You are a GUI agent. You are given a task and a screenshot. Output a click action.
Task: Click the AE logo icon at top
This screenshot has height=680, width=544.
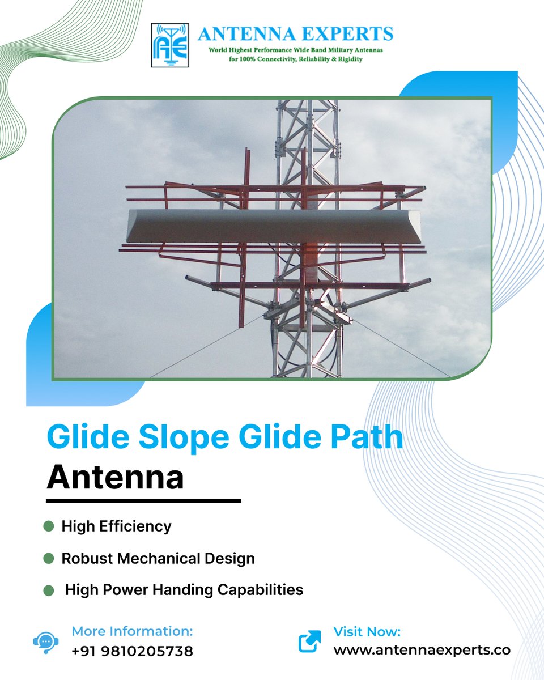coord(171,45)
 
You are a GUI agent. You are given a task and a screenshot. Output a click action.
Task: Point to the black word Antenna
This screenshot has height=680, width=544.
coord(116,478)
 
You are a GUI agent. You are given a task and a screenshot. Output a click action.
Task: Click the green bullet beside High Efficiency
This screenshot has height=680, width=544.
coord(48,526)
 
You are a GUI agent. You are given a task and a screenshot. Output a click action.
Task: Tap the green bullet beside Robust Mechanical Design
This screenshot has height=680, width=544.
coord(48,558)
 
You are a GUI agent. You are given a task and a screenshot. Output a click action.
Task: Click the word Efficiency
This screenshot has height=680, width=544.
coord(135,526)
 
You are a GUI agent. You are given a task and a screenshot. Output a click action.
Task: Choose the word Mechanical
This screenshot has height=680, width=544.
coord(168,558)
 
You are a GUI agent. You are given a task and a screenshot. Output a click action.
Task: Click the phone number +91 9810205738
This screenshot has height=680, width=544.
coord(132,651)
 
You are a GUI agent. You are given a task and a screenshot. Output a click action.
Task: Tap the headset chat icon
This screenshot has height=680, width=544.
coord(44,641)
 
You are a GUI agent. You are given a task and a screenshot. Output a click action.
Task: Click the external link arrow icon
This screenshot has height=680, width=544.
coord(309,641)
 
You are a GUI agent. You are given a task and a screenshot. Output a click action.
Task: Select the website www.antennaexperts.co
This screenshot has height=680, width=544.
coord(422,650)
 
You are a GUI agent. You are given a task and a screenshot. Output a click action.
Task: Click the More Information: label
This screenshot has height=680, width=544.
coord(132,631)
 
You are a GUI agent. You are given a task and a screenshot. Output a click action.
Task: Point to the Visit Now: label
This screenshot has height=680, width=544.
coord(367,631)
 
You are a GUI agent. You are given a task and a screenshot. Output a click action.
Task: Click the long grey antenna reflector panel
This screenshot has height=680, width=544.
coord(274,226)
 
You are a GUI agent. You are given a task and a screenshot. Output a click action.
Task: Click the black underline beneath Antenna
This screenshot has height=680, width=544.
coord(143,501)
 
